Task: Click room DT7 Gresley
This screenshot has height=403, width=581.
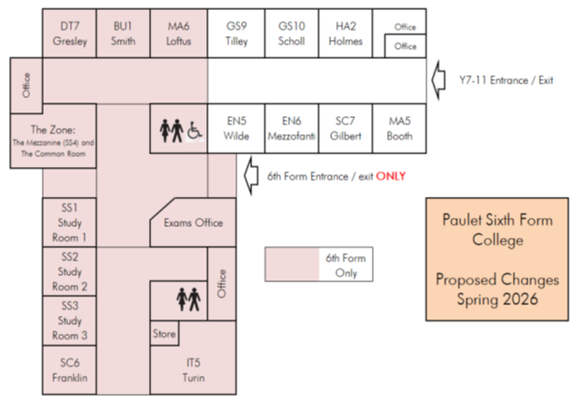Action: [69, 34]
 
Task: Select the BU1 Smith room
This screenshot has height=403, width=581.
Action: [124, 34]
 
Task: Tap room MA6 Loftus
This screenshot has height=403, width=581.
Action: [179, 34]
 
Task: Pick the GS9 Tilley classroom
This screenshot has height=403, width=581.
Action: [236, 34]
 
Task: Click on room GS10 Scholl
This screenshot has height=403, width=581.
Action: [292, 34]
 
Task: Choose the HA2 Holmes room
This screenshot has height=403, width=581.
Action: [348, 34]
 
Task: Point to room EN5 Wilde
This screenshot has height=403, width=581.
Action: [236, 128]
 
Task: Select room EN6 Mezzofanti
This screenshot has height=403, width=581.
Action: [292, 128]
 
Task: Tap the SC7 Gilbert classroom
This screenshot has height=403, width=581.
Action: [348, 128]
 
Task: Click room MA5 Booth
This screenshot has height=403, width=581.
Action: [400, 128]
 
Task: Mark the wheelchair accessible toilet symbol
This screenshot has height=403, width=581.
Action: [195, 133]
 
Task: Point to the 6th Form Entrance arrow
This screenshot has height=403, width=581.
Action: [250, 174]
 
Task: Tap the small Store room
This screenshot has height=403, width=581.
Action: [164, 334]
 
